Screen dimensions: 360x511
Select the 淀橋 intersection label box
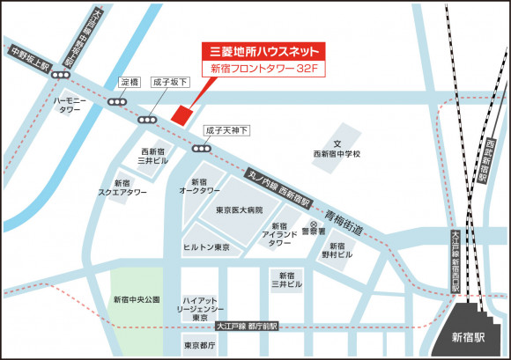tap(130, 83)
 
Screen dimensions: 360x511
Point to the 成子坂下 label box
tap(170, 83)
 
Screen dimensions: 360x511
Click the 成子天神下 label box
tap(227, 130)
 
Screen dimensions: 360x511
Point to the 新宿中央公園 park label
tap(137, 300)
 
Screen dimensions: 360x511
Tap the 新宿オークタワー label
tap(200, 186)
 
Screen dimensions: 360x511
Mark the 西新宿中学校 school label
tap(337, 150)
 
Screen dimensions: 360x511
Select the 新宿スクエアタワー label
tap(122, 187)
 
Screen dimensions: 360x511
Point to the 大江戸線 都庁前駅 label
tap(247, 326)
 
